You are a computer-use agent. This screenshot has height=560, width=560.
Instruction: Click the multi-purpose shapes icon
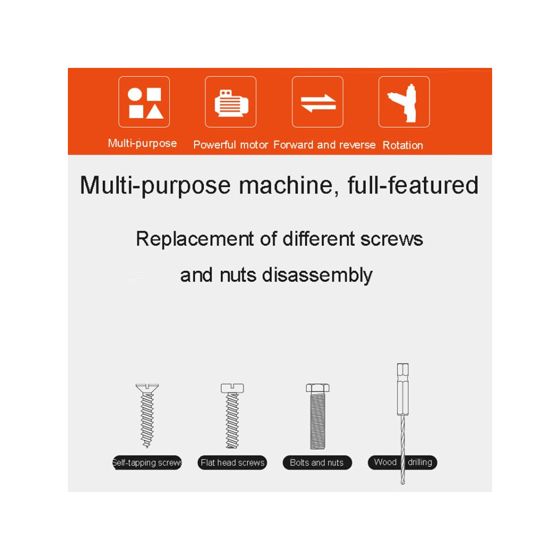tap(144, 102)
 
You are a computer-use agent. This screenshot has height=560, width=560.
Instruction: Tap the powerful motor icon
tap(231, 102)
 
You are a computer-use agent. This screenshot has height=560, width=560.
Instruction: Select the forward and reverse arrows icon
tap(317, 102)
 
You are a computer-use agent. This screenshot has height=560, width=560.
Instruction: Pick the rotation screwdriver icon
tap(404, 102)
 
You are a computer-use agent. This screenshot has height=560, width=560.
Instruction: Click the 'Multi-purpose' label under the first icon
tap(143, 144)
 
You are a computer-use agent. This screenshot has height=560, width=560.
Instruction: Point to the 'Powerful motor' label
tap(231, 145)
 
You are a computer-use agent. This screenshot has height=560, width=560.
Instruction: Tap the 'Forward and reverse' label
tap(325, 145)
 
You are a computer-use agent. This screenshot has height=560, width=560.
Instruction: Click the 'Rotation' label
tap(403, 145)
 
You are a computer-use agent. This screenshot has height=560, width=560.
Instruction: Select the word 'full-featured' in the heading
tap(413, 186)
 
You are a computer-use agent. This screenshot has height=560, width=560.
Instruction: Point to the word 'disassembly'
tap(317, 275)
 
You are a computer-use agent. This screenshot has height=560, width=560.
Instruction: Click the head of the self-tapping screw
tap(147, 388)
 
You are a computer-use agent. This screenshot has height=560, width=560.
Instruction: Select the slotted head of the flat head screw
tap(232, 388)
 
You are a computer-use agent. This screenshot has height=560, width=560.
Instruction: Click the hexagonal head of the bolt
tap(317, 388)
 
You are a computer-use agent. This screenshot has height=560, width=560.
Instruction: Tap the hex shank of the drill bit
tap(403, 389)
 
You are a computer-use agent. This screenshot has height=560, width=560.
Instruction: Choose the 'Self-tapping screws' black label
tap(147, 463)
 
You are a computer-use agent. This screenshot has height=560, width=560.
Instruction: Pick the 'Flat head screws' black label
tap(232, 463)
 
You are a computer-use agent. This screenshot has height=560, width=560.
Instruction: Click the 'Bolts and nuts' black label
tap(317, 463)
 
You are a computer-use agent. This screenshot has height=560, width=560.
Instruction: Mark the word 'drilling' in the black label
tap(420, 462)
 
